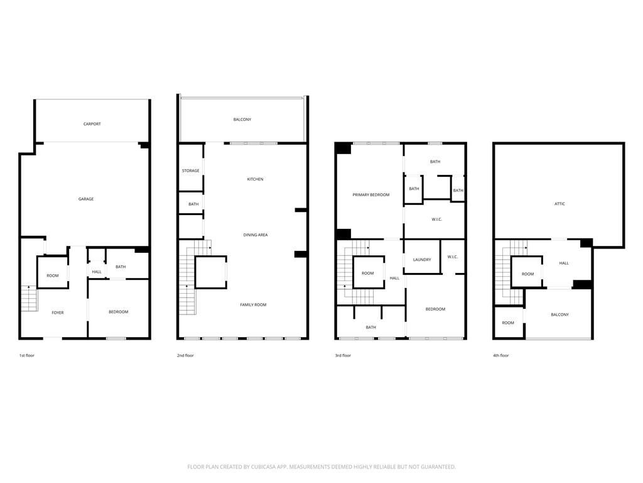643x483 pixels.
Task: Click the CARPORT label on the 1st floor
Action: pyautogui.click(x=92, y=124)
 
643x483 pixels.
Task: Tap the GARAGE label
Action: pyautogui.click(x=86, y=199)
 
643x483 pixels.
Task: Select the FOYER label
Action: pyautogui.click(x=58, y=313)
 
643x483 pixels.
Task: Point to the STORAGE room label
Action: pyautogui.click(x=191, y=171)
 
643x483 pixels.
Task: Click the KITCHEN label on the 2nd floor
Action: pyautogui.click(x=255, y=180)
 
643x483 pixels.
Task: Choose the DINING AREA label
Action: pyautogui.click(x=256, y=235)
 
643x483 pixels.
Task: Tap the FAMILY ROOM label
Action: pyautogui.click(x=253, y=305)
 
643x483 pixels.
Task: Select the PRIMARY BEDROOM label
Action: pyautogui.click(x=371, y=195)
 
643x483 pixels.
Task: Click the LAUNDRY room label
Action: pyautogui.click(x=421, y=260)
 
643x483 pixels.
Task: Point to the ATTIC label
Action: pyautogui.click(x=559, y=204)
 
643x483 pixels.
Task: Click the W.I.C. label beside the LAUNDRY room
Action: pyautogui.click(x=453, y=257)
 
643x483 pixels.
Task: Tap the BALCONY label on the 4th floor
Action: pyautogui.click(x=559, y=314)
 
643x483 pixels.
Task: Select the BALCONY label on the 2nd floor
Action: pyautogui.click(x=242, y=119)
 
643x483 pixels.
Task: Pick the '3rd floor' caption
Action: pyautogui.click(x=343, y=356)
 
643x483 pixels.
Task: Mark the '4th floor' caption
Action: pyautogui.click(x=500, y=356)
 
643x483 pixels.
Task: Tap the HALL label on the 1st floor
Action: pyautogui.click(x=97, y=272)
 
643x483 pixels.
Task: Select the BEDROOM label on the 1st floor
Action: pyautogui.click(x=119, y=312)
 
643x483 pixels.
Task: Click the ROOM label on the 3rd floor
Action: pyautogui.click(x=368, y=273)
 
